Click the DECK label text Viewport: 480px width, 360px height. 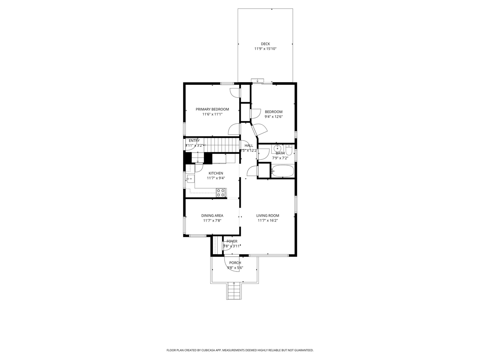[265, 44]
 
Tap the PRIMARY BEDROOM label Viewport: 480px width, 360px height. [212, 109]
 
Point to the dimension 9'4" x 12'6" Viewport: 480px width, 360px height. [273, 117]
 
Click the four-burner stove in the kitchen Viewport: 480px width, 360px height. [220, 193]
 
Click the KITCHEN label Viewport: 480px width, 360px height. [216, 173]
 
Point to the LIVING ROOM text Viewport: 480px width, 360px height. [267, 216]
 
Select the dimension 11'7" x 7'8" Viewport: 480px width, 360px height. [212, 221]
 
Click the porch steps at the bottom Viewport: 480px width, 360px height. [233, 291]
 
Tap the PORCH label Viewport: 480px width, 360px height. [235, 263]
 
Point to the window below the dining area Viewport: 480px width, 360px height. [197, 235]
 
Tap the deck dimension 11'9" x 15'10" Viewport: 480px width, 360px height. [265, 49]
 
